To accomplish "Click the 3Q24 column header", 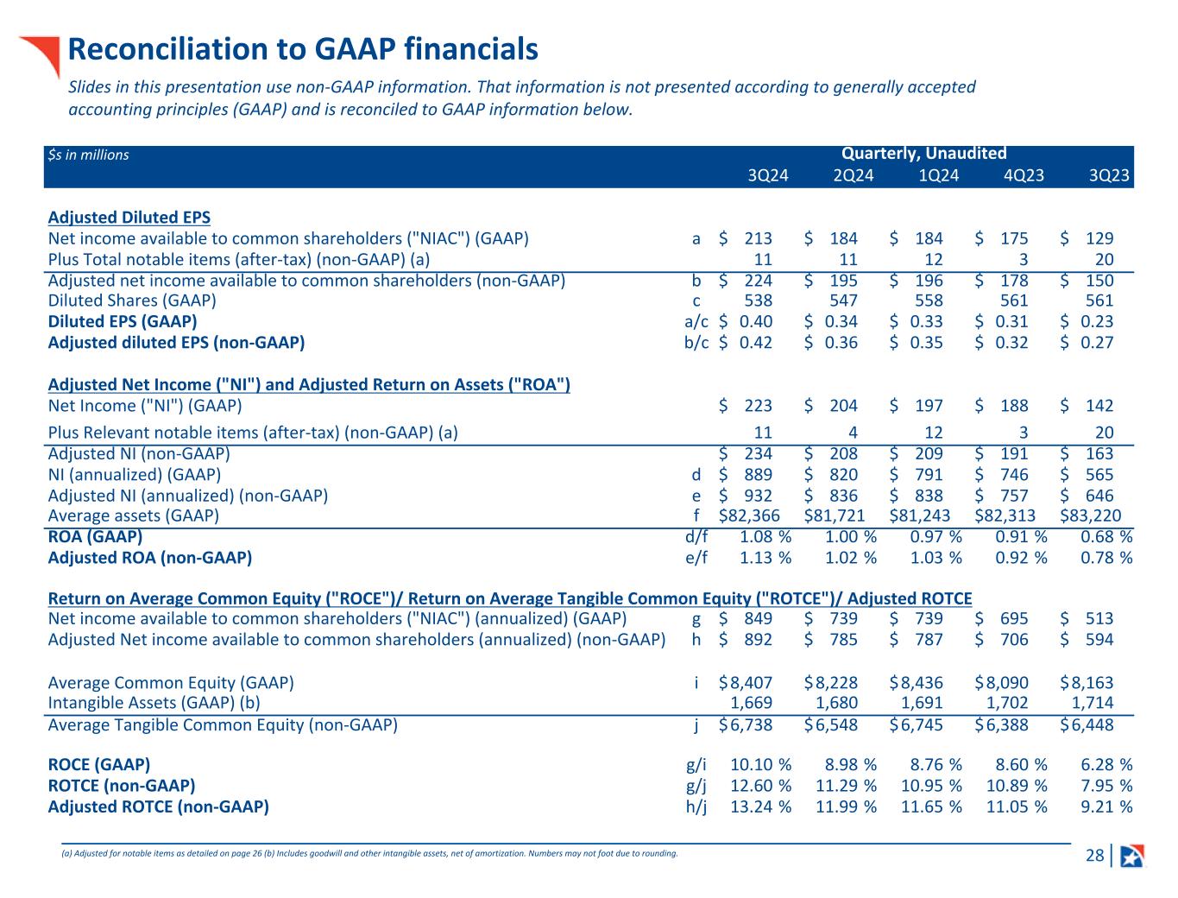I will coord(767,176).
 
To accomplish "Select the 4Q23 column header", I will coord(1024,176).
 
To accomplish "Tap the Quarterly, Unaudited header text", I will coord(923,154).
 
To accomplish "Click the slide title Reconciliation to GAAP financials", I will coord(303,49).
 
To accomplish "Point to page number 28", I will coord(1094,856).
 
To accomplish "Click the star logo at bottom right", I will coord(1132,856).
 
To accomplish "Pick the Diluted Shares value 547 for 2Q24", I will coord(843,300).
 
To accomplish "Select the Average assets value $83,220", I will coord(1091,515).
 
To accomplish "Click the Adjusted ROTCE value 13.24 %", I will coord(760,806).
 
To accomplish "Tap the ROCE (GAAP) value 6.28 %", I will coord(1106,765).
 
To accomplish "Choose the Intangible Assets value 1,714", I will coord(1092,703).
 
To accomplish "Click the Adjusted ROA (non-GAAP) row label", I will coord(150,558).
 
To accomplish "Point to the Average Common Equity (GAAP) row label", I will coord(171,683).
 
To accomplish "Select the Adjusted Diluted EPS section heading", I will coord(129,218).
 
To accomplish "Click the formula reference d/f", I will coord(696,537).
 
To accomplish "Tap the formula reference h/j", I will coord(696,806).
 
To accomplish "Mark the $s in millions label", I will coord(89,155).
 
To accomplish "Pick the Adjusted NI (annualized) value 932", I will coord(757,496).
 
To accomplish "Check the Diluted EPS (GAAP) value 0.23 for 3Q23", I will coord(1096,321).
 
